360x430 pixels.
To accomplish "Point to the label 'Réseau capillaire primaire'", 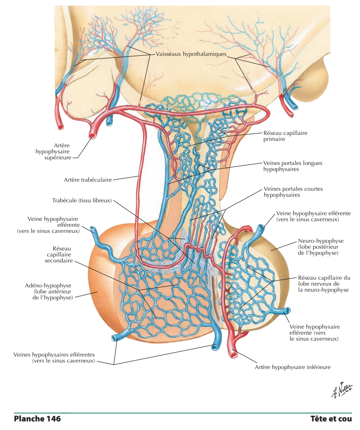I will tap(285, 136).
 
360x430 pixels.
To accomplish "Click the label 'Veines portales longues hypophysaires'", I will tap(293, 166).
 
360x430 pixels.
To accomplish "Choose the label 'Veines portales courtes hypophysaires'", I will tap(293, 192).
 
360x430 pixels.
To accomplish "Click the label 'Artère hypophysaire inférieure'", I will tap(293, 367).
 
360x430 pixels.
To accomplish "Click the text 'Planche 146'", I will tap(37, 418).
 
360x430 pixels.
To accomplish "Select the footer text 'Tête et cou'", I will tap(331, 418).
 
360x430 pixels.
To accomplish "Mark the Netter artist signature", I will tap(341, 390).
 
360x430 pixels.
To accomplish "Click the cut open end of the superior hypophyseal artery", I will tap(92, 136).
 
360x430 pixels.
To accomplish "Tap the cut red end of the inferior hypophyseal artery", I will tap(235, 354).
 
